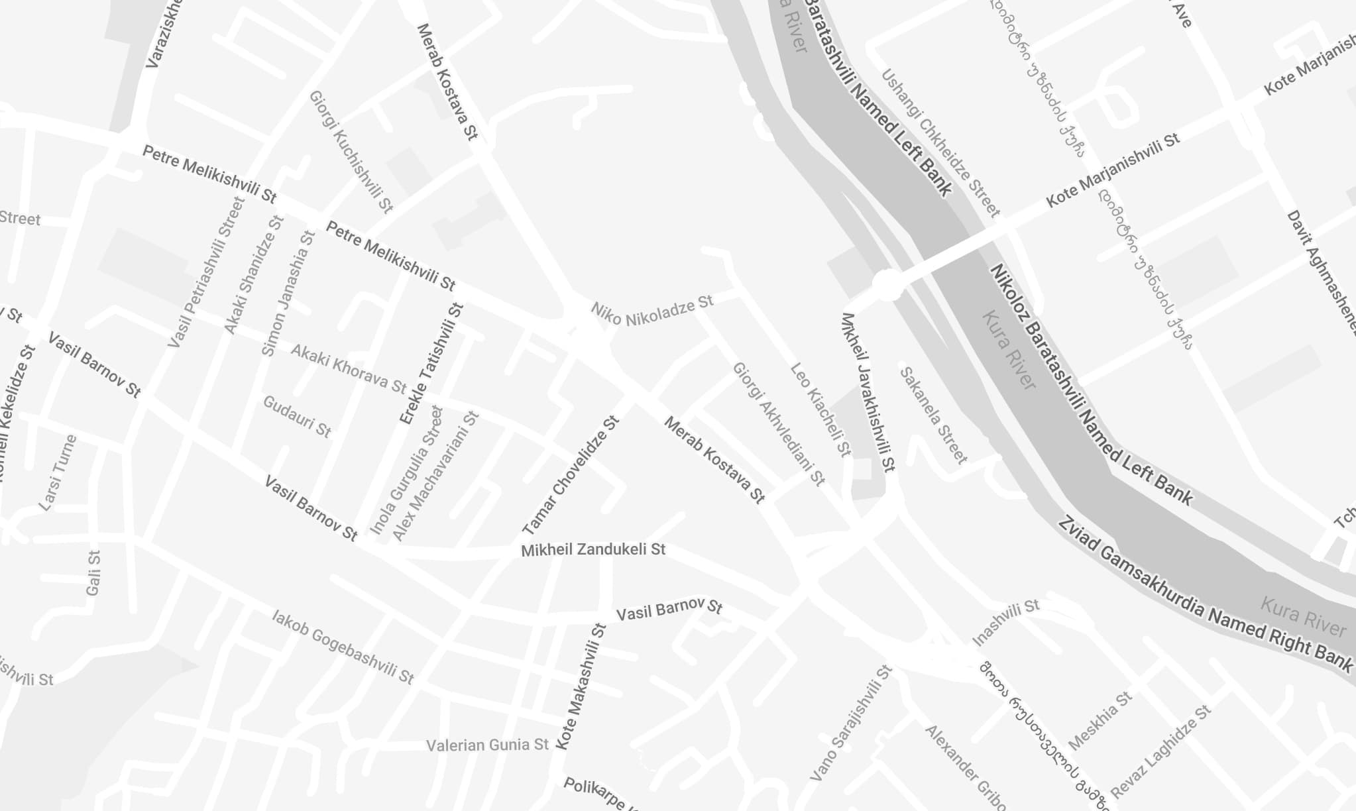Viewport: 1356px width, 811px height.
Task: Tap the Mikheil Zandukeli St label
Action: (x=593, y=550)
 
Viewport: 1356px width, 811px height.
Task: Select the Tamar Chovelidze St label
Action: (x=571, y=476)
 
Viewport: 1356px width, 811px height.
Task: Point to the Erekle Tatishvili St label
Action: (x=431, y=364)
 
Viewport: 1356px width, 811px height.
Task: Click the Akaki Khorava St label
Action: (x=349, y=368)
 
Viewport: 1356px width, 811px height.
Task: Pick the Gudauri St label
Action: (x=297, y=416)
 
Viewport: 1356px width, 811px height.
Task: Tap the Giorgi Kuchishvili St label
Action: (x=351, y=152)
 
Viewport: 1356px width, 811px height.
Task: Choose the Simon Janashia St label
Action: (x=288, y=293)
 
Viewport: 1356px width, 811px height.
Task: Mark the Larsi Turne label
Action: (x=58, y=472)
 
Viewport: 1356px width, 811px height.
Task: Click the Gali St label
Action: (x=93, y=572)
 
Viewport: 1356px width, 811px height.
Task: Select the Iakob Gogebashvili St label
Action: (x=343, y=646)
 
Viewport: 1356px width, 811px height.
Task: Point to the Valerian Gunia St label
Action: (x=487, y=745)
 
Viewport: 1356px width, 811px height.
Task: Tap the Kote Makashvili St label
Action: (x=581, y=686)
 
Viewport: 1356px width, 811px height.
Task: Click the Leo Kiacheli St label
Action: (x=820, y=409)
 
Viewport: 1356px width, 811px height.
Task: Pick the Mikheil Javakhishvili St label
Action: (x=868, y=392)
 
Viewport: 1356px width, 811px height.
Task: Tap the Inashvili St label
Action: (x=1005, y=622)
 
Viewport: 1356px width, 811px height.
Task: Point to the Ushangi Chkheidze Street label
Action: (x=940, y=142)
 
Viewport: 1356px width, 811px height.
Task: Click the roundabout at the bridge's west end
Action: (x=887, y=285)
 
